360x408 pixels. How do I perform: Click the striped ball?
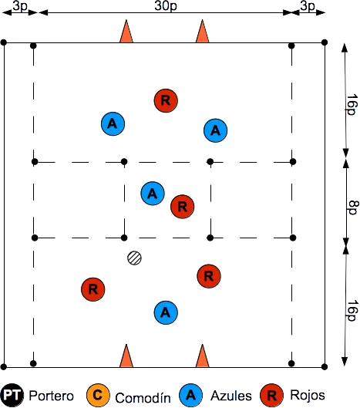(x=134, y=258)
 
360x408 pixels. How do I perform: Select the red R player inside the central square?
(x=183, y=207)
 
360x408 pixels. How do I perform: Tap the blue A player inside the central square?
(x=153, y=194)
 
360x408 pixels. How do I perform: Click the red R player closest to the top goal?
(x=166, y=100)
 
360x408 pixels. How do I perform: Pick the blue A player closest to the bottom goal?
(x=166, y=312)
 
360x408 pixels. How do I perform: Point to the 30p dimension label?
(x=166, y=5)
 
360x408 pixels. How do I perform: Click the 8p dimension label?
(x=353, y=207)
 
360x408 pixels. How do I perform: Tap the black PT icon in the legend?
(x=12, y=396)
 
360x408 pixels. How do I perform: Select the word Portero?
(x=51, y=396)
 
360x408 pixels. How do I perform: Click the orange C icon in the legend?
(x=98, y=396)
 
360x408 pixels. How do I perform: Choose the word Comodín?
(x=143, y=398)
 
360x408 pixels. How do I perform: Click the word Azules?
(x=231, y=396)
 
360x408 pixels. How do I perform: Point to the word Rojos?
(x=308, y=395)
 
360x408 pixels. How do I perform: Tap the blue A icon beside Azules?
(x=191, y=396)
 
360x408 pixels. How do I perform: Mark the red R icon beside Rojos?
(x=272, y=396)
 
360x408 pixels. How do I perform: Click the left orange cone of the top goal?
(x=126, y=31)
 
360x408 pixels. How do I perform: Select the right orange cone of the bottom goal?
(x=203, y=356)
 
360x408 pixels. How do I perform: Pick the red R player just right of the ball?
(x=209, y=276)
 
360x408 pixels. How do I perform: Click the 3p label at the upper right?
(x=308, y=5)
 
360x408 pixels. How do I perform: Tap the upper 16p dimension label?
(x=352, y=104)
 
